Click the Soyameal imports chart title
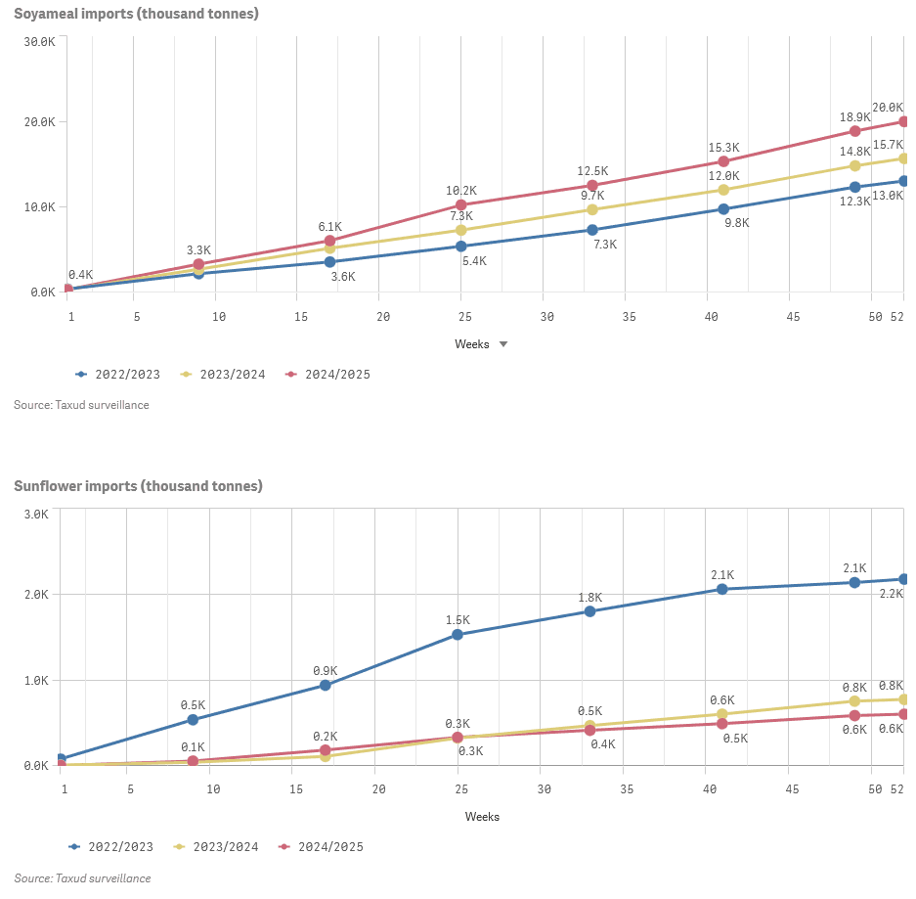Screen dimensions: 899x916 136,14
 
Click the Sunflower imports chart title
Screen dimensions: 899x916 138,486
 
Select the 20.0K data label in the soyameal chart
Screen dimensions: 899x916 888,108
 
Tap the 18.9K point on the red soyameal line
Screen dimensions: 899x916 855,131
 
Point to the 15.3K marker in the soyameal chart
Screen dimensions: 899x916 723,161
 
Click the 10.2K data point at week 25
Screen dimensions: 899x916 461,205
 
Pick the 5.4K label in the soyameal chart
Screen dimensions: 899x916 474,261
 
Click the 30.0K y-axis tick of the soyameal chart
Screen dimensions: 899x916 40,41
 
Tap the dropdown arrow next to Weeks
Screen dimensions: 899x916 503,344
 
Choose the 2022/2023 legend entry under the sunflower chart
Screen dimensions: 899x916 111,847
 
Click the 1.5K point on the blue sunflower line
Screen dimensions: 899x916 458,635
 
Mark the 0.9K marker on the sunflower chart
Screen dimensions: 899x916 326,685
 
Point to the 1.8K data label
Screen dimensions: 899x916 590,598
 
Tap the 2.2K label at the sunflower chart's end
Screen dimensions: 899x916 891,594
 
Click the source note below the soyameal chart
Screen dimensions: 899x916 81,405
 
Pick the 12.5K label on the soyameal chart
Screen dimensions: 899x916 593,170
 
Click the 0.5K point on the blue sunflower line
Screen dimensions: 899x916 193,720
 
